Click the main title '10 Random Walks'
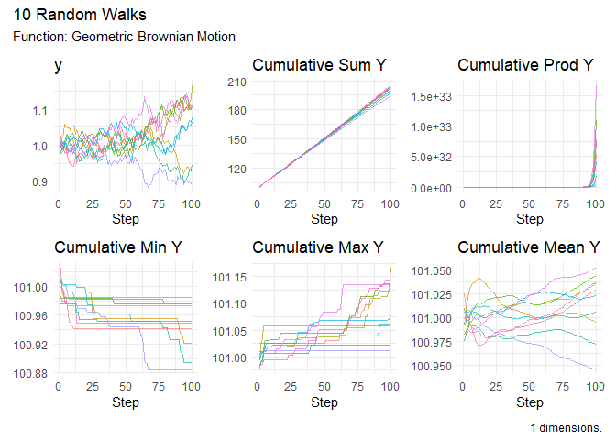[80, 16]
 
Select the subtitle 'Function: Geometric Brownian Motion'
[125, 37]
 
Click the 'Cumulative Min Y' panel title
[118, 247]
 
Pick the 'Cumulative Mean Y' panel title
[524, 247]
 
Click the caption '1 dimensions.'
[566, 428]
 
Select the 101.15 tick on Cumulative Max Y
[232, 277]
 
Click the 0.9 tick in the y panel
[40, 181]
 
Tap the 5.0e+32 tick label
[433, 157]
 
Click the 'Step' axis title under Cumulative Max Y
[324, 402]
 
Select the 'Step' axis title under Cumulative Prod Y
[529, 219]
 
